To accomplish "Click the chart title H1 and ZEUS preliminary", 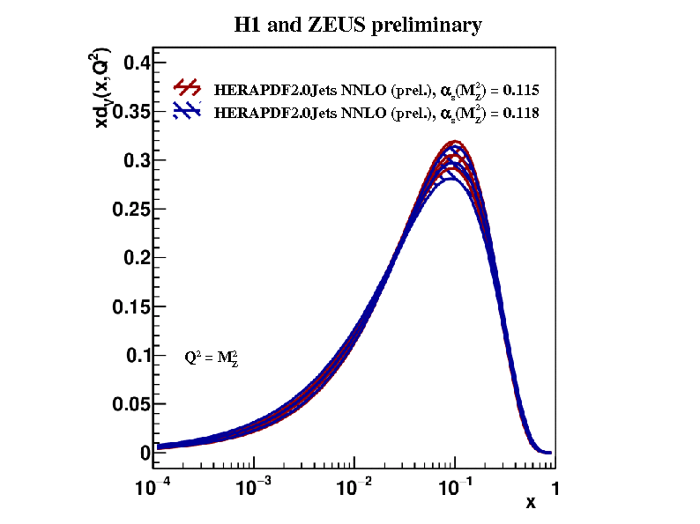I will (x=357, y=25).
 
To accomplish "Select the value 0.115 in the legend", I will (x=521, y=90).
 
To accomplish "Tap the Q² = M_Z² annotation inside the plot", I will (x=212, y=358).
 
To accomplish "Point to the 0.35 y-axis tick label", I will (x=128, y=111).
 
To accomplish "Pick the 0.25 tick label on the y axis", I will (x=128, y=209).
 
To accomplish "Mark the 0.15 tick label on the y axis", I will (x=128, y=306).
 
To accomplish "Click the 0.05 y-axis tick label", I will (x=128, y=404).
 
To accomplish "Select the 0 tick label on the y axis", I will (x=145, y=453).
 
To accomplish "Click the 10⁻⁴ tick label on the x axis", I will (x=156, y=487).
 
